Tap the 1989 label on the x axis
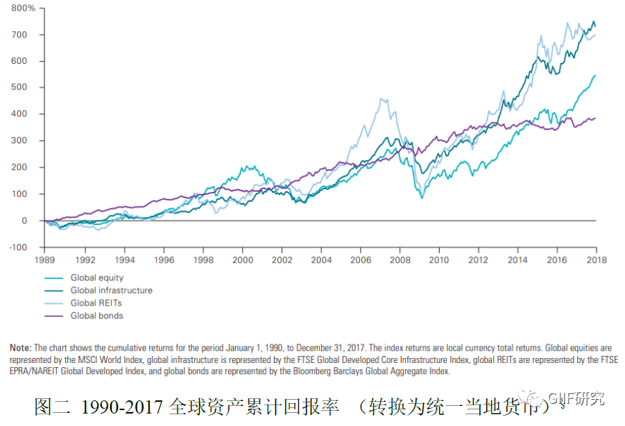click(46, 260)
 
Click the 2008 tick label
click(400, 260)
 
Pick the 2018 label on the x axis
click(596, 260)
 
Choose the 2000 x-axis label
click(243, 260)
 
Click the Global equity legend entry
click(96, 278)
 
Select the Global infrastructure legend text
click(111, 290)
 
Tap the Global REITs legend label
click(96, 303)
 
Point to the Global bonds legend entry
click(96, 316)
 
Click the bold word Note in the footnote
click(20, 348)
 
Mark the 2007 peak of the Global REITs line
click(382, 99)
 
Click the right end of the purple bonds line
click(595, 118)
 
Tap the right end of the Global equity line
click(595, 75)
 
